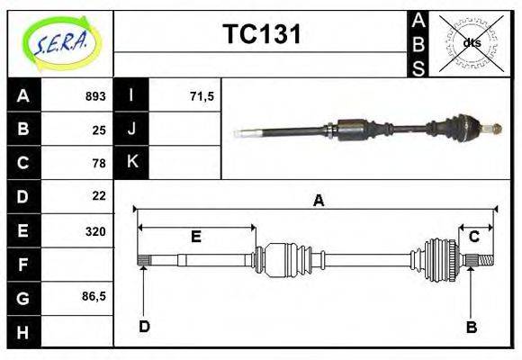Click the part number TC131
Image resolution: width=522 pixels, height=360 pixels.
pyautogui.click(x=261, y=35)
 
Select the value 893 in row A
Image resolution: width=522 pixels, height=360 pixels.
pyautogui.click(x=95, y=96)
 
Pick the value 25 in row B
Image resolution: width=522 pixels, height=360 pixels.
pyautogui.click(x=99, y=130)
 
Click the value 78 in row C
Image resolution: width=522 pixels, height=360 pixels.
pyautogui.click(x=99, y=163)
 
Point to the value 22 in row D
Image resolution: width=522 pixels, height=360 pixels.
pyautogui.click(x=99, y=195)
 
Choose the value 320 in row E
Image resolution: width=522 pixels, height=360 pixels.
pyautogui.click(x=95, y=230)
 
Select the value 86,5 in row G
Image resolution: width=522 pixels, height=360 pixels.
pyautogui.click(x=94, y=295)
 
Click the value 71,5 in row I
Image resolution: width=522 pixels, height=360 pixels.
pyautogui.click(x=202, y=96)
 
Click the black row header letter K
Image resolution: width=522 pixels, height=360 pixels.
pyautogui.click(x=131, y=162)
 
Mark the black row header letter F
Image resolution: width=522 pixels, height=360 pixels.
pyautogui.click(x=23, y=265)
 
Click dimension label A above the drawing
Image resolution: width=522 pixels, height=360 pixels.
pyautogui.click(x=318, y=201)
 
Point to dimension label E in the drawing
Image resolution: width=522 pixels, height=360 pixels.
pyautogui.click(x=195, y=237)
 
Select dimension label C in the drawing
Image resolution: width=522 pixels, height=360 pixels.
pyautogui.click(x=473, y=237)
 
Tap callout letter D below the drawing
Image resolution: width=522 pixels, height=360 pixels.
pyautogui.click(x=144, y=326)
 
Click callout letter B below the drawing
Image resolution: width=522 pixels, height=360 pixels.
pyautogui.click(x=471, y=327)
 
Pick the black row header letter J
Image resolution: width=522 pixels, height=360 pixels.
pyautogui.click(x=131, y=129)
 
